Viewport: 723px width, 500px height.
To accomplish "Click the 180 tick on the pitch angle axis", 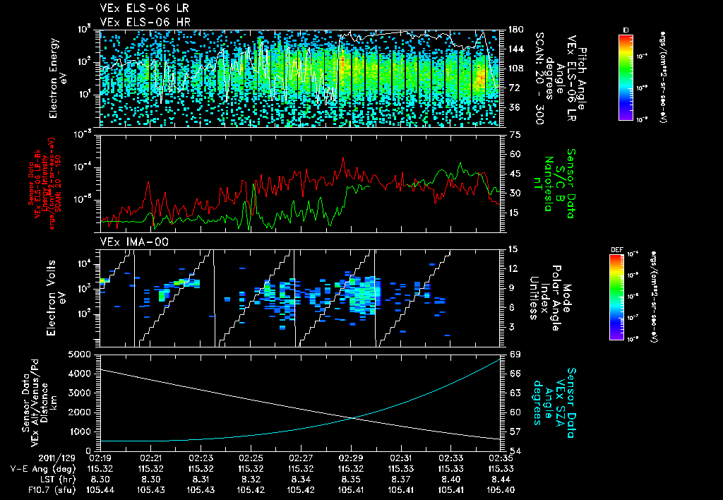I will [514, 30].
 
